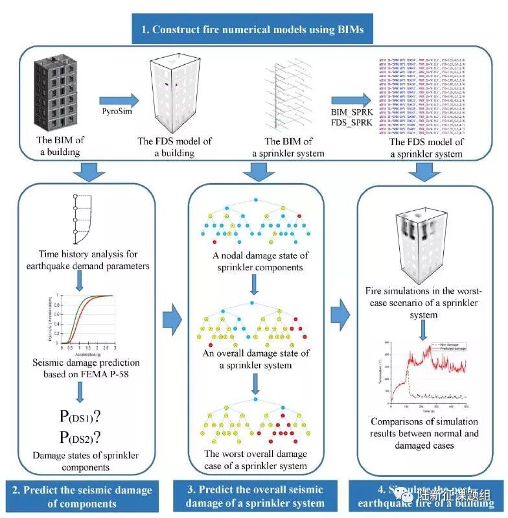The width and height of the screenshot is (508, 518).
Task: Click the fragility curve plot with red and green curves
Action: (82, 322)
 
